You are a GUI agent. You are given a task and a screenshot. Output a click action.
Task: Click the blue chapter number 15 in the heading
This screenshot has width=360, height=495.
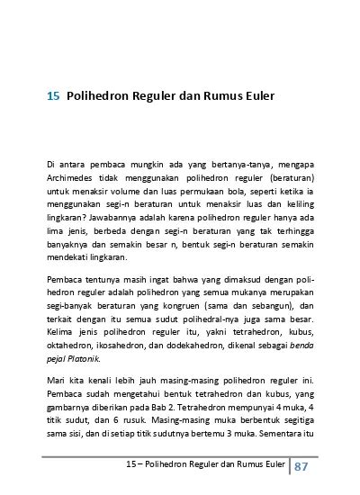click(x=53, y=94)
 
